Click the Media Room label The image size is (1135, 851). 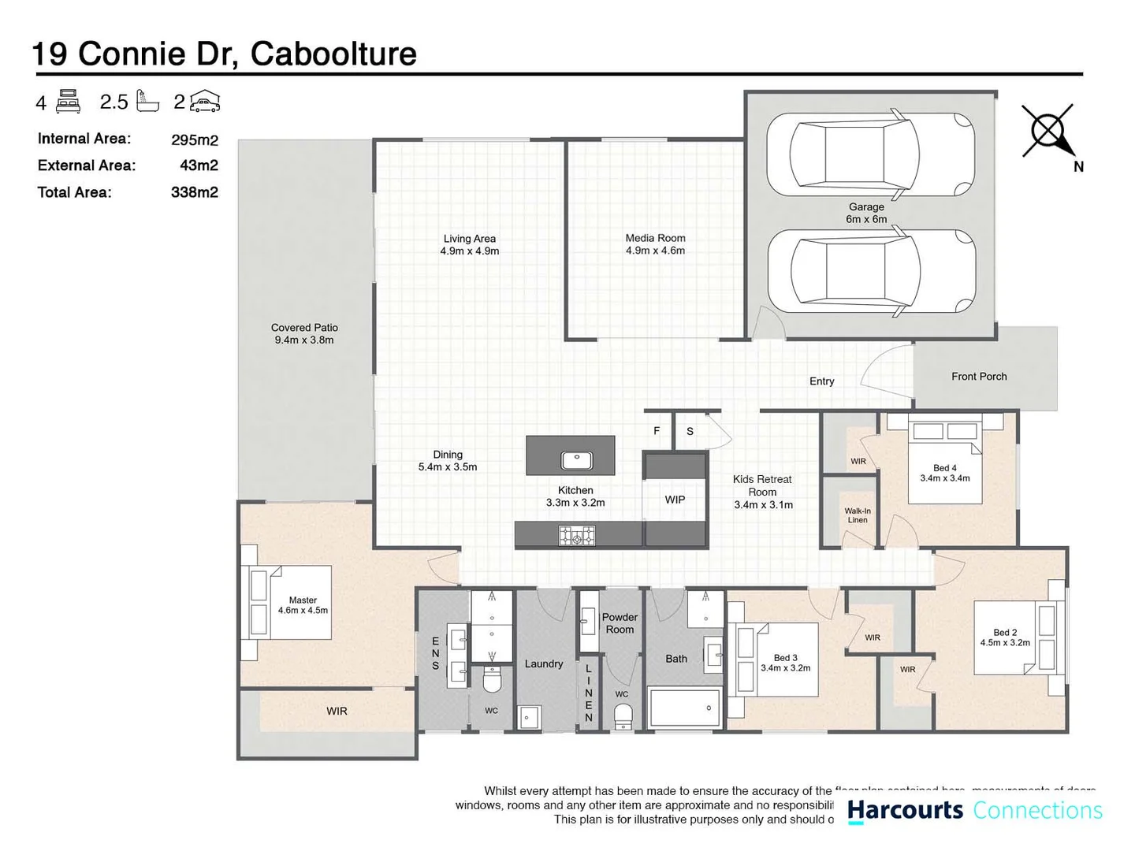tap(655, 244)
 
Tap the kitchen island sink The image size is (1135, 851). tap(577, 460)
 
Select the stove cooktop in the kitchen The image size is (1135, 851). tap(577, 537)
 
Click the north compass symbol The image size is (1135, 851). tap(1049, 131)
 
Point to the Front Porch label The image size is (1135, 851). tap(979, 377)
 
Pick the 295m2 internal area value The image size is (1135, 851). tap(194, 140)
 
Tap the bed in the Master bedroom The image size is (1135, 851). tap(292, 602)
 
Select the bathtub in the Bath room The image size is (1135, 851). tap(684, 708)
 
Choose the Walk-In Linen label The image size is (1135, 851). tap(858, 515)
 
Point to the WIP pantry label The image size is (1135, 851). tap(675, 500)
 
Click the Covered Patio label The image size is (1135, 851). tap(304, 334)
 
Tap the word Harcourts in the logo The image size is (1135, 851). tap(905, 810)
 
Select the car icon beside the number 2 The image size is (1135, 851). tap(205, 102)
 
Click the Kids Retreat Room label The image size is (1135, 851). tap(762, 492)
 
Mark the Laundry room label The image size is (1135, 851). tap(544, 663)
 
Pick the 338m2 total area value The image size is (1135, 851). tap(194, 192)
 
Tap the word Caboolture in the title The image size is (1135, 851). tap(333, 54)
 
